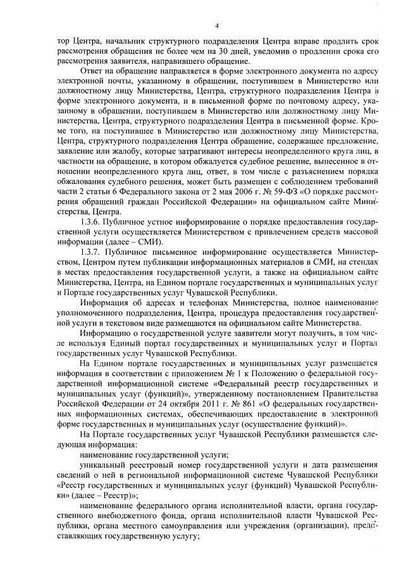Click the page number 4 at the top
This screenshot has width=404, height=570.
click(x=216, y=26)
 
